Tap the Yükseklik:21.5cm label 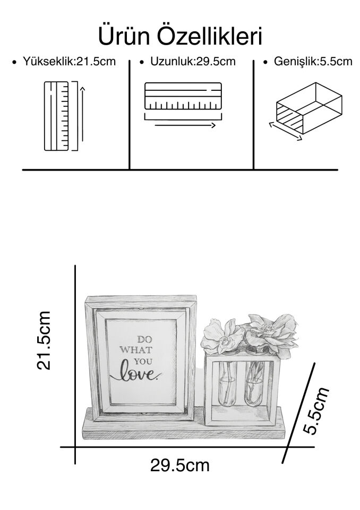(69, 62)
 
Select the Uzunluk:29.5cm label (193, 62)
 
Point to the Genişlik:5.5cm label (313, 62)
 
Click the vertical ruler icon (56, 116)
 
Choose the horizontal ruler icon (183, 96)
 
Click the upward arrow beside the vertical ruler (83, 114)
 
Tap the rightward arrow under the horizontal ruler (185, 125)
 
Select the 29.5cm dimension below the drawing (179, 465)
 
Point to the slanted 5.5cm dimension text (316, 411)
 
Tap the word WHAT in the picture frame (136, 350)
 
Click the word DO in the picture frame (144, 339)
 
